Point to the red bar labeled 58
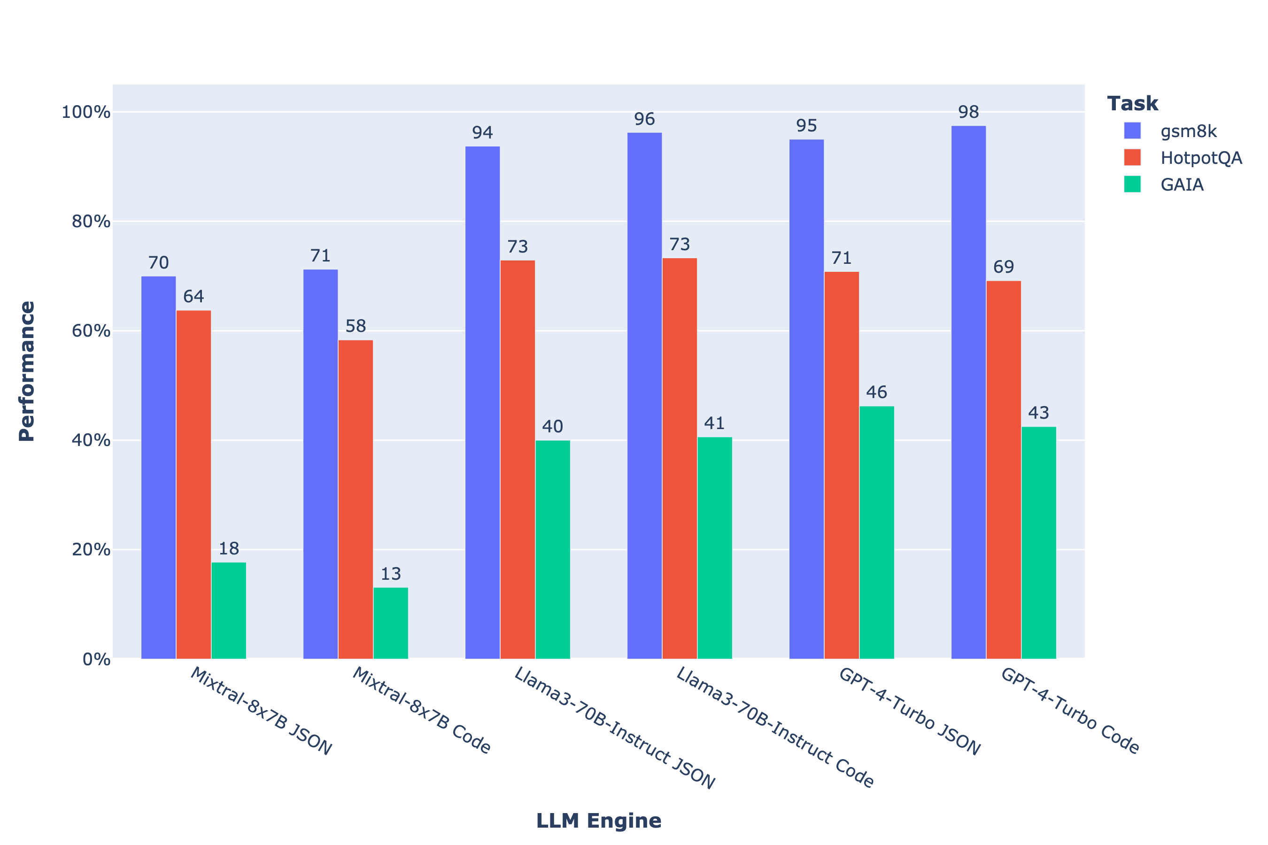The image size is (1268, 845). point(356,499)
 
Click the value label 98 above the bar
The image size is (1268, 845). point(968,112)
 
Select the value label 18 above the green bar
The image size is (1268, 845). point(229,549)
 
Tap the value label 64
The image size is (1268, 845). point(193,296)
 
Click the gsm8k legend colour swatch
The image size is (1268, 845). point(1132,131)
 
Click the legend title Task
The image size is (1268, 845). point(1132,103)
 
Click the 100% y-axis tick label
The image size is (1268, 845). point(86,112)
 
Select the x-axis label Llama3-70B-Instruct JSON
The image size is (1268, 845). point(615,728)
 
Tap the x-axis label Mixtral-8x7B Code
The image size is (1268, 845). point(422,710)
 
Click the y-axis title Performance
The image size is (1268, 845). point(27,371)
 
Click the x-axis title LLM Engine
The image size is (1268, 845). point(598,821)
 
